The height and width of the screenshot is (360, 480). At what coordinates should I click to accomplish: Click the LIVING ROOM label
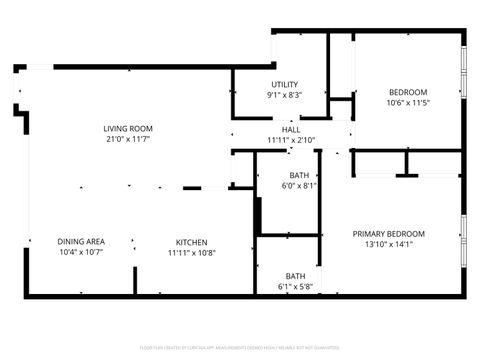click(128, 128)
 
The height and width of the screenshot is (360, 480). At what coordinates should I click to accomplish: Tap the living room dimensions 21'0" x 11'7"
click(128, 140)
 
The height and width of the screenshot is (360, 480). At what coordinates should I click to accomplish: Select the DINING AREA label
click(81, 241)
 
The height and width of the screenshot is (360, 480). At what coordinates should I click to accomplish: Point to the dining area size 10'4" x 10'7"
click(81, 253)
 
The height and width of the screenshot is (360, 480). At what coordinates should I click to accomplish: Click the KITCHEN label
click(192, 241)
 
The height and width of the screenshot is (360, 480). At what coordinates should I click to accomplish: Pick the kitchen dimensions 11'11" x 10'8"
click(192, 253)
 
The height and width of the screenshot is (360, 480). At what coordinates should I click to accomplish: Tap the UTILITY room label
click(285, 84)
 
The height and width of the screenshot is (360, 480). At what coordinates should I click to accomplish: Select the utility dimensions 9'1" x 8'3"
click(285, 96)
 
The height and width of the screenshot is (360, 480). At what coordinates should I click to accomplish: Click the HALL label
click(291, 129)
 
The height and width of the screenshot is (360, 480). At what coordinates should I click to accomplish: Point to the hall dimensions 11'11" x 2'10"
click(291, 140)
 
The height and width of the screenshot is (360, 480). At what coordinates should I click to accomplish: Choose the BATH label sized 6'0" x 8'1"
click(297, 174)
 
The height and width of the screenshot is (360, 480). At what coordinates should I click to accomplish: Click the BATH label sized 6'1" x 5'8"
click(295, 275)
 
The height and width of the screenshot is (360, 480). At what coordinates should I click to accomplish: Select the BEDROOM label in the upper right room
click(407, 91)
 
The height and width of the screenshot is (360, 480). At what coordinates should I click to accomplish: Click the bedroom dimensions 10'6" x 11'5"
click(407, 103)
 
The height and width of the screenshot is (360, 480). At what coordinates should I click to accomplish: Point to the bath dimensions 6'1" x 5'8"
click(295, 287)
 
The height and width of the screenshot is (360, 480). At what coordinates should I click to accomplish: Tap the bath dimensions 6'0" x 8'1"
click(297, 186)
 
